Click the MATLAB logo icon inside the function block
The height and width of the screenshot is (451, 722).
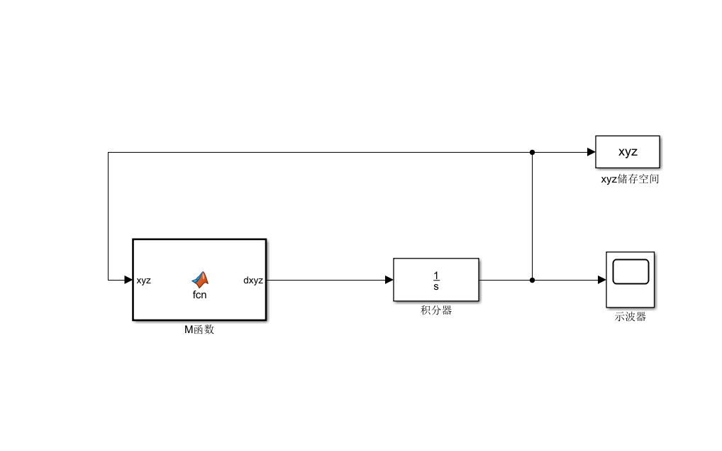[x=200, y=279]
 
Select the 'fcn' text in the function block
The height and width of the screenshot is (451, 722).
[x=199, y=295]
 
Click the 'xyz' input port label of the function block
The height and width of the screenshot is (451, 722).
[x=143, y=281]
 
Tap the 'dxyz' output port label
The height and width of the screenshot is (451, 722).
[x=252, y=281]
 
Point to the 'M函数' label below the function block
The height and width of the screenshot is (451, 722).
[x=199, y=330]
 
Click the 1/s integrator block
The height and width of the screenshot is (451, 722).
[x=436, y=280]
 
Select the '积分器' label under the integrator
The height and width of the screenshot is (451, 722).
[x=436, y=310]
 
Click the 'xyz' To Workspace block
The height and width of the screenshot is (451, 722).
[x=628, y=152]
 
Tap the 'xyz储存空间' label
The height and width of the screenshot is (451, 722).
[x=630, y=180]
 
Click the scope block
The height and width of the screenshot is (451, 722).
[x=630, y=279]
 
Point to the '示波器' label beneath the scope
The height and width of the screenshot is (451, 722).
[x=630, y=317]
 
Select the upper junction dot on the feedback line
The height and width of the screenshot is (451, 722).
[x=532, y=152]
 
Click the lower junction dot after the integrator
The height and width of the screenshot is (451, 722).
[x=532, y=280]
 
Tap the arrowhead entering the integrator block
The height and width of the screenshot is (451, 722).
[x=389, y=280]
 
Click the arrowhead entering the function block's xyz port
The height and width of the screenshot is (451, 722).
[x=128, y=280]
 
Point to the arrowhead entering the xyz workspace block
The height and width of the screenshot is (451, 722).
[x=591, y=152]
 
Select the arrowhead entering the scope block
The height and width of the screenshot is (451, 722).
[x=601, y=280]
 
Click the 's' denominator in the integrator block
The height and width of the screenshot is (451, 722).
[x=436, y=286]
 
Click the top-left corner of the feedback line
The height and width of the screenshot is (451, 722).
[x=109, y=153]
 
